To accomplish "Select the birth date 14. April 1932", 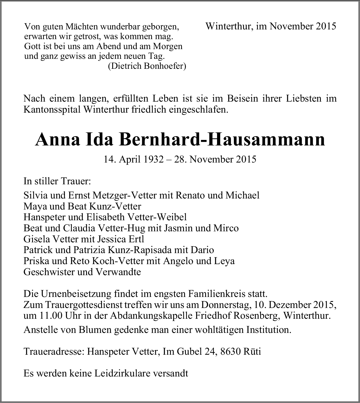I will pos(133,159).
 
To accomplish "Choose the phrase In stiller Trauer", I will pos(57,181).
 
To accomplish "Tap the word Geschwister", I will pos(49,272).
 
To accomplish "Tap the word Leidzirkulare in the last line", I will pos(114,373).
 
